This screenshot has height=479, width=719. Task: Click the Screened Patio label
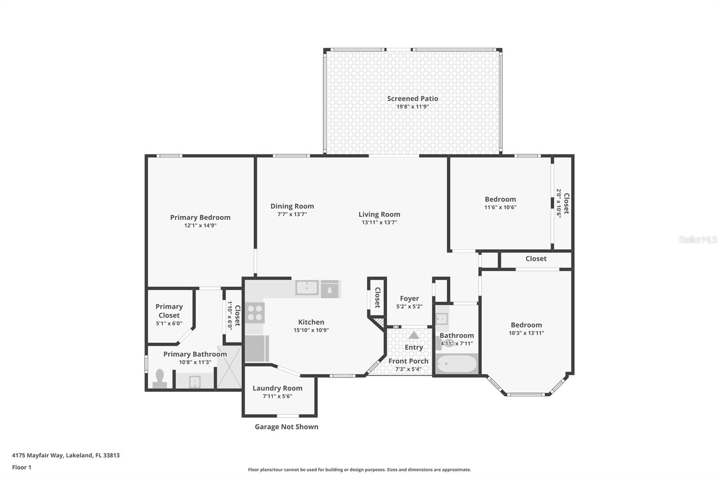[x=413, y=98]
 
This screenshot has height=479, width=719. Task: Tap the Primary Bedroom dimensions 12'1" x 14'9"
[x=200, y=226]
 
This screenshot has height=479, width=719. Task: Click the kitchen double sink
[x=307, y=288]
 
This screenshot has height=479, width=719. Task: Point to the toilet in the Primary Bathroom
[x=160, y=378]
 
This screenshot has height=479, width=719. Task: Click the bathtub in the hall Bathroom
[x=457, y=364]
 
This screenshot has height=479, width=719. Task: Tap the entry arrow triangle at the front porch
[x=414, y=335]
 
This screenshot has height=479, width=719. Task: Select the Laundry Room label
[x=277, y=388]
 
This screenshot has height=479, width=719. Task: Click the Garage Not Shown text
[x=286, y=427]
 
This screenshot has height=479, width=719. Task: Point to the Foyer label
[x=409, y=298]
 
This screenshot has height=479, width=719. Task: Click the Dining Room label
[x=292, y=206]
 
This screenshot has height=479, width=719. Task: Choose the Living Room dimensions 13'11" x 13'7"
[x=379, y=222]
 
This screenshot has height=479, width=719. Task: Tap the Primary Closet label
[x=169, y=311]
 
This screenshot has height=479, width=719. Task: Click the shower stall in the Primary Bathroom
[x=229, y=367]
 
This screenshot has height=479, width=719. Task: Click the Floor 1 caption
[x=22, y=467]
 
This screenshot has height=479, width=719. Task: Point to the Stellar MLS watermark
[x=697, y=240]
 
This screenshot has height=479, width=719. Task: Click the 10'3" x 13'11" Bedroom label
[x=526, y=325]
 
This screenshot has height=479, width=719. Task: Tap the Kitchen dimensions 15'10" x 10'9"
[x=311, y=330]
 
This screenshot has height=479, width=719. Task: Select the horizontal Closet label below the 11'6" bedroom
[x=536, y=259]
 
